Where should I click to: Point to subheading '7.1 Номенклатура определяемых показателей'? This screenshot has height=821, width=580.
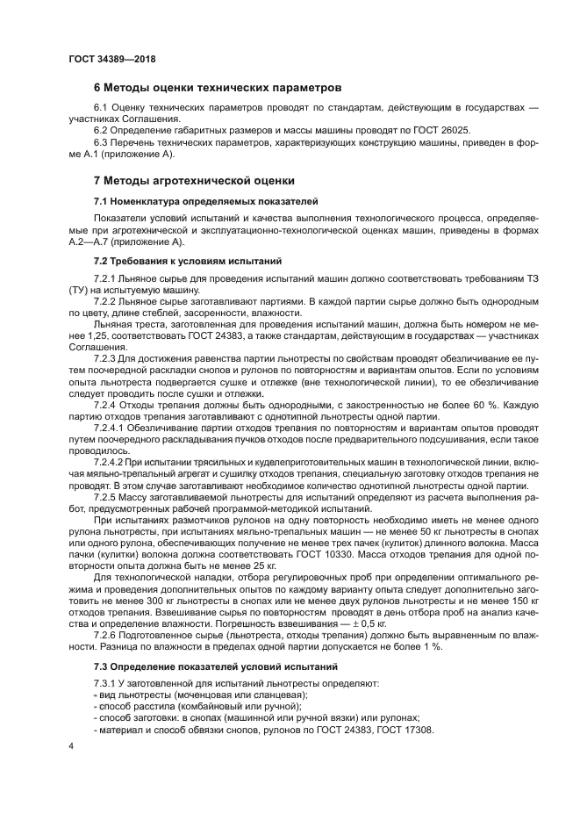point(206,201)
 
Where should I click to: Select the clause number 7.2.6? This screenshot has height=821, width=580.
point(107,635)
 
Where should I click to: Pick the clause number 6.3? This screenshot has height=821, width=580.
point(101,142)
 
